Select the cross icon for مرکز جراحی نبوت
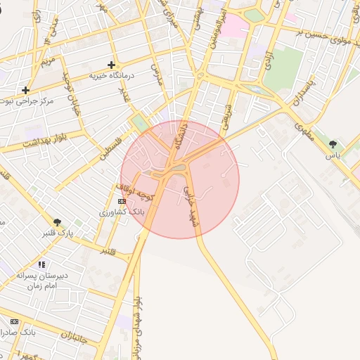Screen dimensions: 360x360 (x=25, y=90)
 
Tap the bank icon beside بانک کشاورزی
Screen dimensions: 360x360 (x=122, y=201)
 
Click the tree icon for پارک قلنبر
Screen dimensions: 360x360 (x=57, y=222)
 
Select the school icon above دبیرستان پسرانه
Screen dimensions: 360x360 (x=42, y=264)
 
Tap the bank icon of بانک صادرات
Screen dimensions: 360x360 (x=14, y=321)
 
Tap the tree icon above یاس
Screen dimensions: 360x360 (x=333, y=144)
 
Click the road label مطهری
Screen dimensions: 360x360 (x=304, y=131)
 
